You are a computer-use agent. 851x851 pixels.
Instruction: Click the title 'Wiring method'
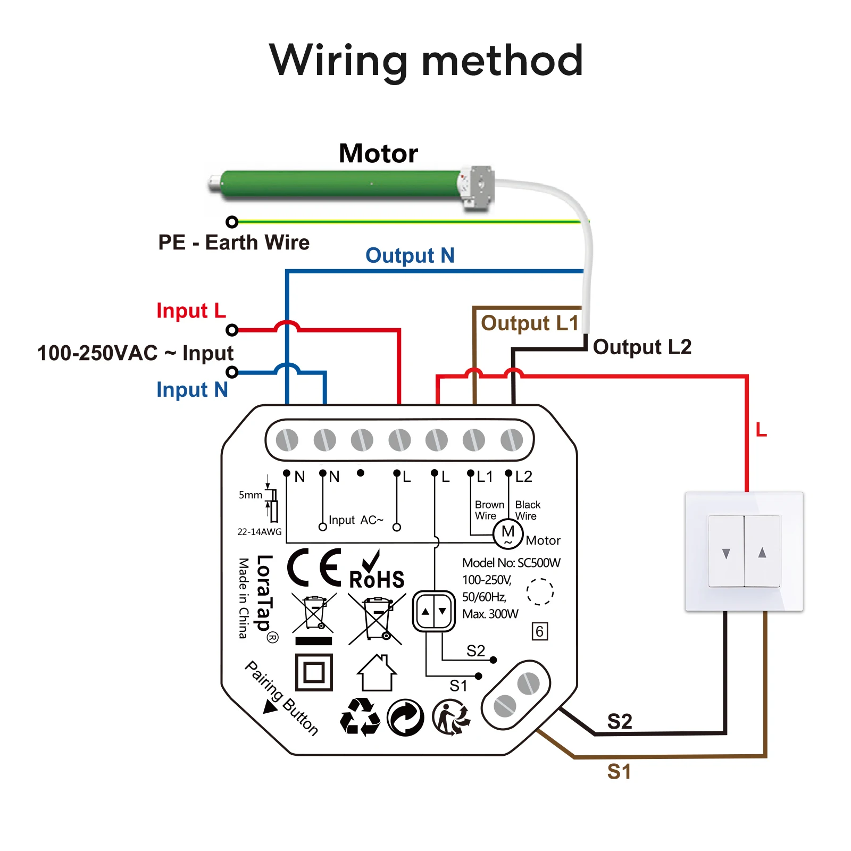click(x=426, y=61)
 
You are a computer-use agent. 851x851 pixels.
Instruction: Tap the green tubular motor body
click(x=340, y=184)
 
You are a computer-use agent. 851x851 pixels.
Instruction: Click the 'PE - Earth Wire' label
click(x=233, y=243)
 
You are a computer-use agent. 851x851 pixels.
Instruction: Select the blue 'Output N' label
click(x=410, y=256)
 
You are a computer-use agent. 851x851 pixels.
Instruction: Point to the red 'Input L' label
click(x=191, y=311)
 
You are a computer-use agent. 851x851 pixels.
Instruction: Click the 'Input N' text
click(x=192, y=390)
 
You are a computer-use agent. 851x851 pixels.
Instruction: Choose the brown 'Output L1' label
click(x=529, y=323)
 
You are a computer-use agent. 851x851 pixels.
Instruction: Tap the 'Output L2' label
click(x=642, y=347)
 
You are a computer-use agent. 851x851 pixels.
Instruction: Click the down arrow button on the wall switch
click(x=726, y=553)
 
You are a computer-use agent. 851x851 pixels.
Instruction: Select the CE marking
click(x=314, y=568)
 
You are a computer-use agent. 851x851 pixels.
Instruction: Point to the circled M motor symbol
click(x=508, y=533)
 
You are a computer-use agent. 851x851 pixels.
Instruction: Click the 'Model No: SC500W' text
click(x=511, y=563)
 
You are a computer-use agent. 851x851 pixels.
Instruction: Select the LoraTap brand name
click(x=264, y=593)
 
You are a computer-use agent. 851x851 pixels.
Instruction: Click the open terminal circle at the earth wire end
click(x=232, y=222)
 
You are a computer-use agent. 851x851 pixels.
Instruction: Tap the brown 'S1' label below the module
click(x=619, y=772)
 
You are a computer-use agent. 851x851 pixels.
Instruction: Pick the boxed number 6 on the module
click(x=539, y=631)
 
